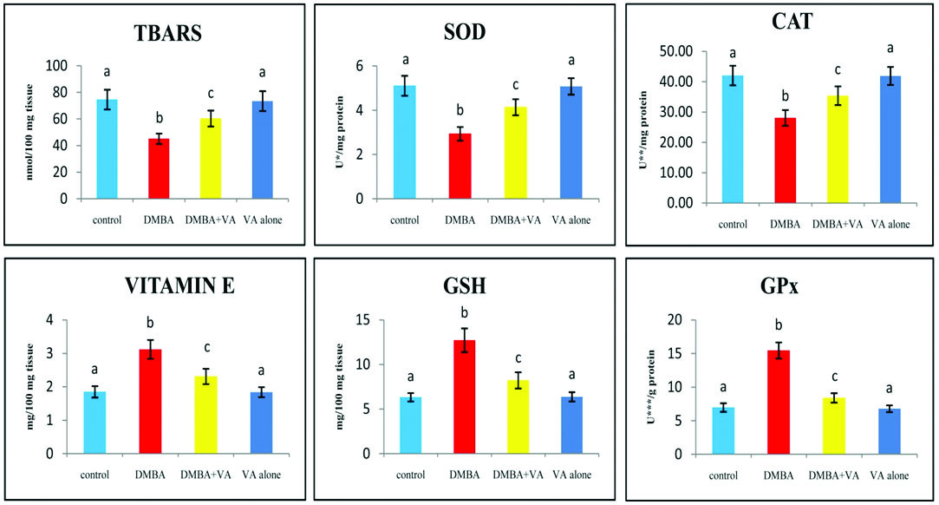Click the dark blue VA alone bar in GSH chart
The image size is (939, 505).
pos(571,425)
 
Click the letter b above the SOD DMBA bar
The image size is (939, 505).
pos(460,110)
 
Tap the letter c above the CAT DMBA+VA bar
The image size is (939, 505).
pos(837,70)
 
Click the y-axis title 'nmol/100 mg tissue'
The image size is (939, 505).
pos(28,133)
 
